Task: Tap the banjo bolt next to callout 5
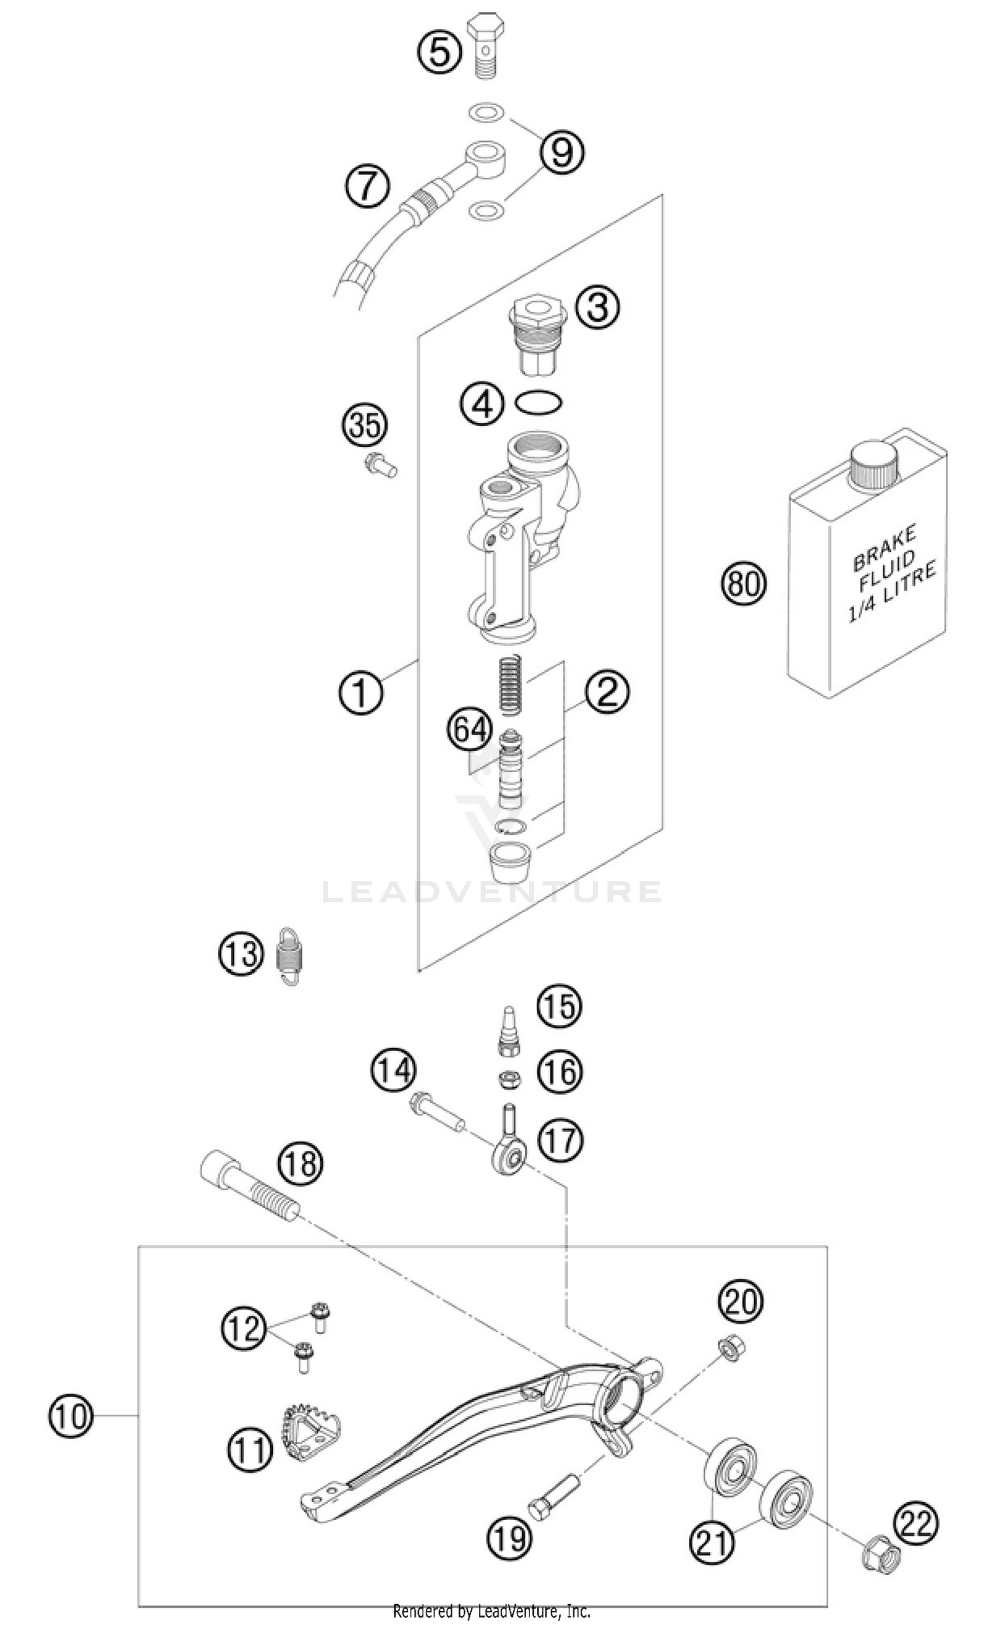pos(485,45)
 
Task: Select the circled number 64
pos(470,730)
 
